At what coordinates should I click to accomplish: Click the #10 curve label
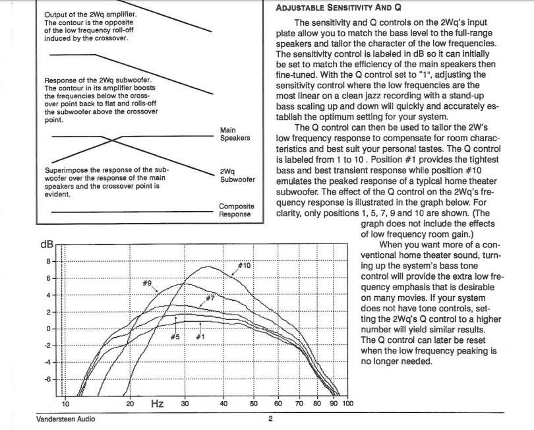[x=244, y=265]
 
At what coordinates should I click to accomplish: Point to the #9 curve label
[x=148, y=282]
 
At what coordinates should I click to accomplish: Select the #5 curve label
[x=175, y=337]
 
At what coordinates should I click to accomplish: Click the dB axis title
[x=47, y=245]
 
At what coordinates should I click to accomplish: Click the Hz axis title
[x=158, y=402]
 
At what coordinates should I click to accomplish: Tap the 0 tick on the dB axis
[x=49, y=328]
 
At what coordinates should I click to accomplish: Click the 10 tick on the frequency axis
[x=65, y=404]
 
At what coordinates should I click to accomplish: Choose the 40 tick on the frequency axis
[x=223, y=404]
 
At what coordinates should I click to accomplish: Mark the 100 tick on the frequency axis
[x=347, y=404]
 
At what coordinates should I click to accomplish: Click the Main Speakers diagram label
[x=235, y=134]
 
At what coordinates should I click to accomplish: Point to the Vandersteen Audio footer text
[x=65, y=418]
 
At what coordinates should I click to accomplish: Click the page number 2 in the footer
[x=270, y=418]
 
